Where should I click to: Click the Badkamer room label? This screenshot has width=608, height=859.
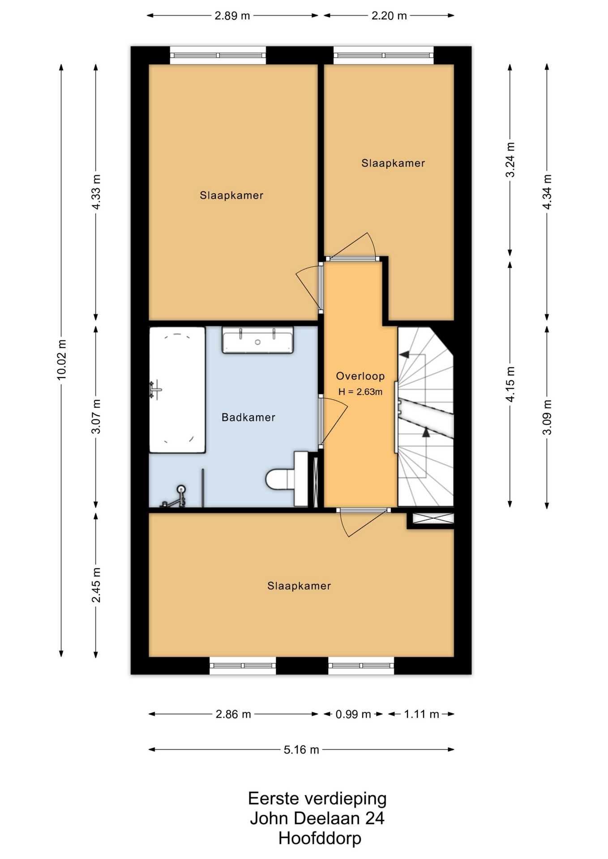(x=248, y=417)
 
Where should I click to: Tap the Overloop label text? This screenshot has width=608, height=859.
(x=360, y=376)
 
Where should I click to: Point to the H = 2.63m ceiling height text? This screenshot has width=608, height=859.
(x=360, y=392)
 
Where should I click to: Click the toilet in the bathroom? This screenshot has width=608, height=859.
(x=287, y=479)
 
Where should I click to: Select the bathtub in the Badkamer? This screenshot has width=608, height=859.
(x=177, y=390)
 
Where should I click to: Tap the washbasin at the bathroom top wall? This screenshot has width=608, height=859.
(x=258, y=340)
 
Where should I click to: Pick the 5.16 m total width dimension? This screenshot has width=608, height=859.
(x=301, y=749)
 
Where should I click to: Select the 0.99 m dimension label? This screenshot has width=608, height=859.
(x=353, y=714)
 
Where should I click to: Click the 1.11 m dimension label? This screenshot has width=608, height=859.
(x=421, y=714)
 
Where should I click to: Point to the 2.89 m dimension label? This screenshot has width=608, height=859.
(x=232, y=16)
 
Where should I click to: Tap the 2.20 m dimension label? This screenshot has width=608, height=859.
(x=389, y=16)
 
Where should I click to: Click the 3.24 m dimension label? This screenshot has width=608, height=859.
(x=510, y=160)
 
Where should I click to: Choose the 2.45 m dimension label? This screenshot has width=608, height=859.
(x=96, y=585)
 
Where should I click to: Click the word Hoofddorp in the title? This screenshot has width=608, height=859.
(x=320, y=838)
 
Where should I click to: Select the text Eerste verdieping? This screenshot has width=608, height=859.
(x=317, y=798)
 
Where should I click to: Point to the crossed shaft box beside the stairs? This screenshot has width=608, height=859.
(x=433, y=519)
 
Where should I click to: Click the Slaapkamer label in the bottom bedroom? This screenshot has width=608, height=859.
(x=299, y=586)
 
